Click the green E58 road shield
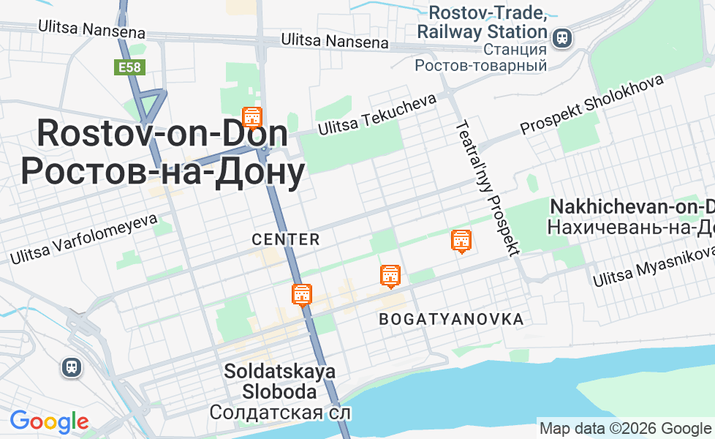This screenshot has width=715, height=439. [x=130, y=68]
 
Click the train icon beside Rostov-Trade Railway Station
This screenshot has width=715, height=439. [x=562, y=37]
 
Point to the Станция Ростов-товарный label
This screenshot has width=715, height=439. [x=481, y=58]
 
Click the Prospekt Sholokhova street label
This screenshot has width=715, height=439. [x=591, y=105]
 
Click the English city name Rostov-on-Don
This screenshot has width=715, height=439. [x=162, y=135]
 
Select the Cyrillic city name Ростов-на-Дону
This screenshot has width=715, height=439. [x=162, y=173]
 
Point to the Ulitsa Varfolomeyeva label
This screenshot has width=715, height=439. [x=83, y=239]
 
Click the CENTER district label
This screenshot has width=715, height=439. [x=286, y=239]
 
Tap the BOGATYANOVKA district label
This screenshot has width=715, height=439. [x=451, y=319]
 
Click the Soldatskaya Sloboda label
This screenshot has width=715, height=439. [x=280, y=381]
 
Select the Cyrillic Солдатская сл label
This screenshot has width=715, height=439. [x=280, y=413]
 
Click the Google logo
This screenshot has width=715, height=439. [x=49, y=421]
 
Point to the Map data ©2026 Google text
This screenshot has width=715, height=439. [x=625, y=429]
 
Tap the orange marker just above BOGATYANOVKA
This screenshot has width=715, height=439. [x=390, y=276]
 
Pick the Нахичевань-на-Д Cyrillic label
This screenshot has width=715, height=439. [x=631, y=228]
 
